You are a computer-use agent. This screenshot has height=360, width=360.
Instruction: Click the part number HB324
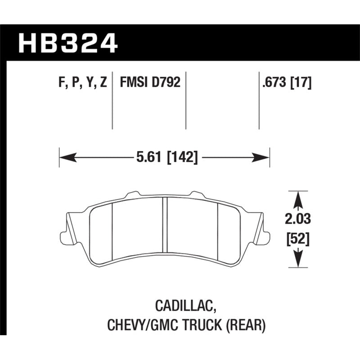click(67, 44)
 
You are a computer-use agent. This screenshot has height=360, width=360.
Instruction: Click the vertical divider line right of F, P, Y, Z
click(112, 101)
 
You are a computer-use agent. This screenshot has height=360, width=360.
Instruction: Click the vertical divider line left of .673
click(259, 101)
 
